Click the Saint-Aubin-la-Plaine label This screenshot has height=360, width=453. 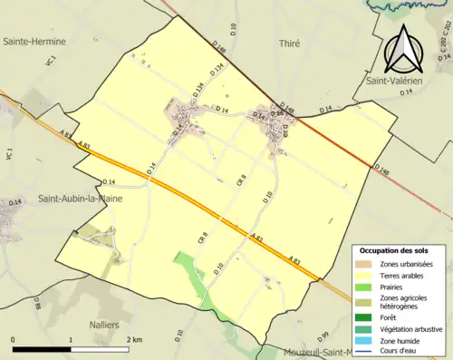point(81,197)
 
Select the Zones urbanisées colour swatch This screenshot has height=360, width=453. point(364,264)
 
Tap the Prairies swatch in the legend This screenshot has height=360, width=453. point(364,287)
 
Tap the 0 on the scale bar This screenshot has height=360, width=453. point(14,340)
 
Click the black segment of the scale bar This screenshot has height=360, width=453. point(42,349)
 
